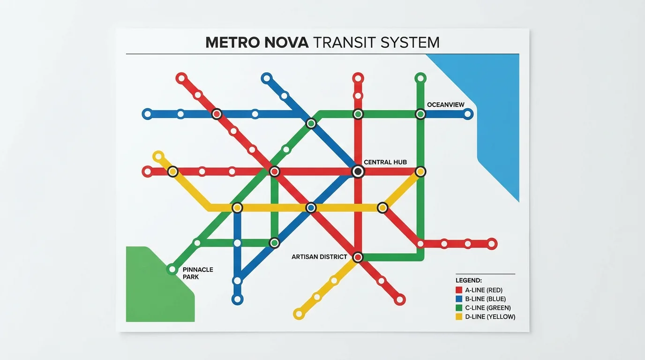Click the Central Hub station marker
pos(358,172)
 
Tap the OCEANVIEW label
pos(445,105)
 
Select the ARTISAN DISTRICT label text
pos(319,257)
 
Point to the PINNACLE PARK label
pos(198,273)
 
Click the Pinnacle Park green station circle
pos(172,269)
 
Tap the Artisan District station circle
pos(358,257)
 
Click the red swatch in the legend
pos(459,290)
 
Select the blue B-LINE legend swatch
pos(459,299)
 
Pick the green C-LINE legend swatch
pos(459,308)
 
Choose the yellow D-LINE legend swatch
pos(459,317)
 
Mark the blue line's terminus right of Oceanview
pos(467,114)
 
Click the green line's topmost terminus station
pos(420,78)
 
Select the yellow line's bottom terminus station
pos(299,314)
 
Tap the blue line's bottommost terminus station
pos(237,299)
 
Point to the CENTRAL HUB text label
pos(385,162)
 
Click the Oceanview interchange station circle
pos(420,114)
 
